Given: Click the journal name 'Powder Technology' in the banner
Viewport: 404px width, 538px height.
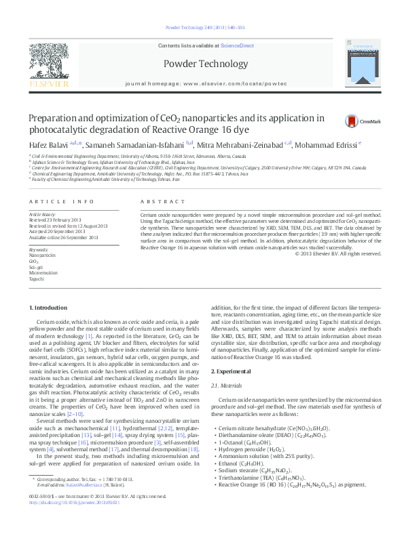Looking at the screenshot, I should pos(205,64).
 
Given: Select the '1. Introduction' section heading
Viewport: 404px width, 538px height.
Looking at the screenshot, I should pos(48,308).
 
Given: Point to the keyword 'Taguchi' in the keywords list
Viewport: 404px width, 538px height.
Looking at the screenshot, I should pos(37,278).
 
